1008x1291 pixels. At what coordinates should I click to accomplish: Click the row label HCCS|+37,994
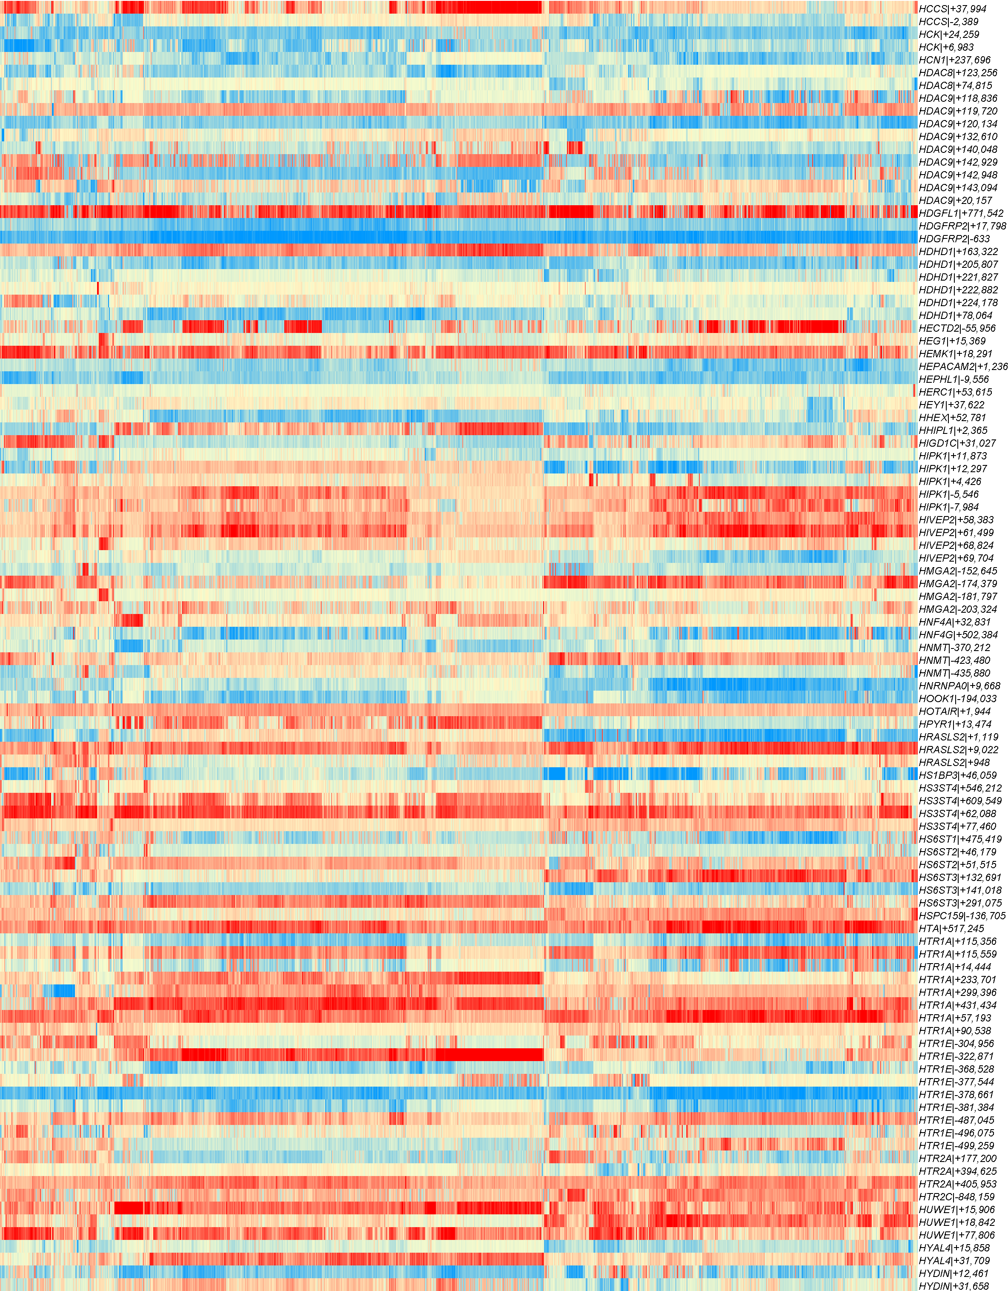point(953,9)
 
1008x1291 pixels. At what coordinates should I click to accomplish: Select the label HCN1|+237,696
point(954,60)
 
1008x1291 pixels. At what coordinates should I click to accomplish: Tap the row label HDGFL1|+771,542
point(961,213)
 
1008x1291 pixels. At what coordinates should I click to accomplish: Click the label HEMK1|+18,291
point(955,353)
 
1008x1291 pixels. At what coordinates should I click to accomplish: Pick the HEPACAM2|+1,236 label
point(962,367)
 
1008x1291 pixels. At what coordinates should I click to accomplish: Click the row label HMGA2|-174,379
point(958,583)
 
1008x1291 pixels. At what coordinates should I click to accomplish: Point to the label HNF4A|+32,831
point(954,622)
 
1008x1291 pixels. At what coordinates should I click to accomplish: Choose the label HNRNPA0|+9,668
point(959,686)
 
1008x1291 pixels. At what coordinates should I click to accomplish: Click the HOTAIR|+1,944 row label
point(955,711)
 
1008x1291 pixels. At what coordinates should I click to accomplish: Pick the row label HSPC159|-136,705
point(962,915)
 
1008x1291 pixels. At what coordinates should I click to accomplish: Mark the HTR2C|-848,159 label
point(956,1196)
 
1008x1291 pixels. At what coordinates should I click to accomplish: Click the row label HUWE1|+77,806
point(956,1235)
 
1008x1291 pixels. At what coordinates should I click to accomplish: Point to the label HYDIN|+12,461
point(954,1273)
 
